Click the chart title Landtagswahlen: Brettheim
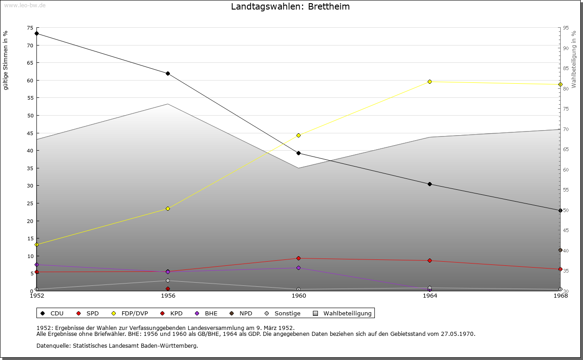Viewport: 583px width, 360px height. (x=290, y=6)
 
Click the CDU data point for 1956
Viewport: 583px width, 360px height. (x=168, y=73)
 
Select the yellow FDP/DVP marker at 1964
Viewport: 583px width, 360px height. (x=430, y=81)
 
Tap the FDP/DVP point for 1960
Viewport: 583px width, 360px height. (x=298, y=135)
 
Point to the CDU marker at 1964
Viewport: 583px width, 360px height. (x=430, y=184)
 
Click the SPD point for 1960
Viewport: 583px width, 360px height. (x=298, y=258)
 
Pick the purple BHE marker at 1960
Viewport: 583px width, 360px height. (x=298, y=268)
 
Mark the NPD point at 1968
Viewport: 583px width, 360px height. (x=560, y=250)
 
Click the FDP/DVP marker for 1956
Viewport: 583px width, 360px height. (x=168, y=208)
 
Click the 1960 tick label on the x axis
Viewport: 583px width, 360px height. (x=299, y=296)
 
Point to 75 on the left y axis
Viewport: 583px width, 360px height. (x=30, y=28)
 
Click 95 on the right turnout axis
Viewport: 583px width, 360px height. (x=566, y=28)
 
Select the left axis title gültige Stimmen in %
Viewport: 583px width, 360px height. (x=5, y=61)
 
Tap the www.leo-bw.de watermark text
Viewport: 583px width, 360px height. (x=24, y=5)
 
